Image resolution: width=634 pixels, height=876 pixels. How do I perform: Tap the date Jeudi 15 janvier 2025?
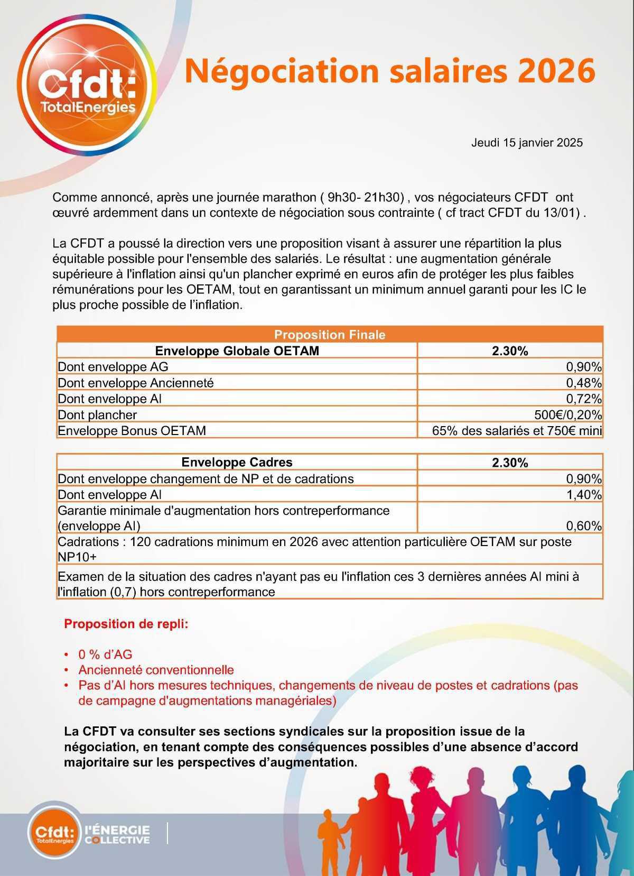coord(527,143)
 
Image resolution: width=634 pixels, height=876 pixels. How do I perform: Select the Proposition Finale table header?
coord(330,335)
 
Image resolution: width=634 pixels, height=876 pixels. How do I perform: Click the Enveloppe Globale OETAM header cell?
coord(237,351)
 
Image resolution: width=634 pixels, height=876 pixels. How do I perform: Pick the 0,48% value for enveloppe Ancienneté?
coord(583,383)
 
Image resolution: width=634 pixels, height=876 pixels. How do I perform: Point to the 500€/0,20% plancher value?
coord(568,415)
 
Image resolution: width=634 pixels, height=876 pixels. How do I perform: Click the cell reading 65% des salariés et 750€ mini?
coord(517,431)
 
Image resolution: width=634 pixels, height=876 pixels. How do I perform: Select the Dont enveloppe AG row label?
coord(113,367)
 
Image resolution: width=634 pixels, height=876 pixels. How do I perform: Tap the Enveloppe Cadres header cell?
coord(237,463)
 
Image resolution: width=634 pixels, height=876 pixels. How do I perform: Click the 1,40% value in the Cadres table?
coord(583,495)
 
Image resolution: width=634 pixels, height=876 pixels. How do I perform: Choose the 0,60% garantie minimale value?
coord(583,526)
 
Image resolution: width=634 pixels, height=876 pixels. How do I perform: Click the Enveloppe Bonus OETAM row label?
coord(132,431)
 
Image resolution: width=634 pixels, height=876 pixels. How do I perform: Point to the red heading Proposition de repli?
coord(126,624)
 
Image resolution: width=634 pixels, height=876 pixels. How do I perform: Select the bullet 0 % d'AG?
coord(105,654)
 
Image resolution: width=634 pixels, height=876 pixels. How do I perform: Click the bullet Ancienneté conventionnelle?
coord(156,670)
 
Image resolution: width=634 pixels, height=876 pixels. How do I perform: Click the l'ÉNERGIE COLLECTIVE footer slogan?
coord(117,834)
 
